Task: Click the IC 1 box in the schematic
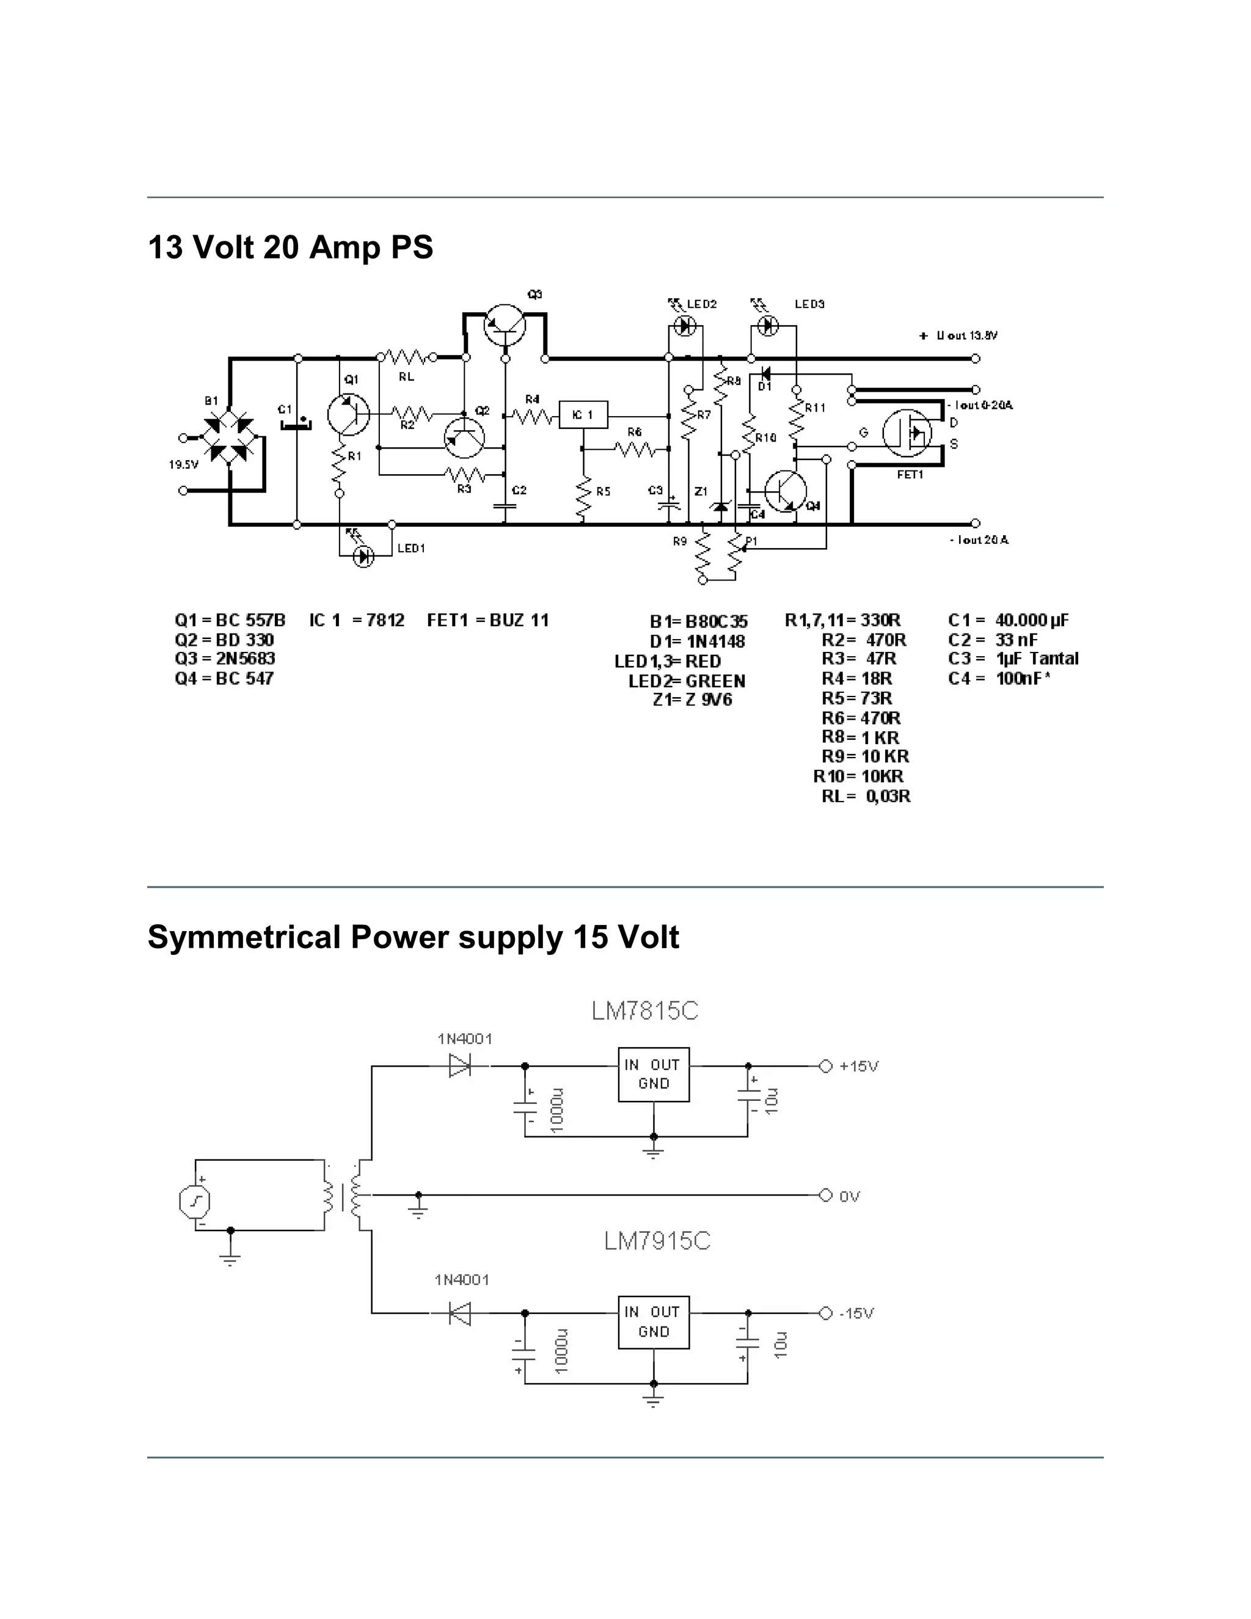(583, 415)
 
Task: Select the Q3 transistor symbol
(505, 324)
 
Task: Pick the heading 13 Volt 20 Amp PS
(291, 247)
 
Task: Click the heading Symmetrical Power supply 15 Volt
(413, 937)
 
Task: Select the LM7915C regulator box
(654, 1321)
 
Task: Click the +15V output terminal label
(858, 1066)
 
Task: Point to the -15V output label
(857, 1313)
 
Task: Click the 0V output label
(849, 1196)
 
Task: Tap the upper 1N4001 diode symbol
(460, 1066)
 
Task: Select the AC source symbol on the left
(195, 1202)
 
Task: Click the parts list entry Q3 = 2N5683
(225, 658)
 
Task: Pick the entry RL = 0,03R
(866, 796)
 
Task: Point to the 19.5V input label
(183, 465)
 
